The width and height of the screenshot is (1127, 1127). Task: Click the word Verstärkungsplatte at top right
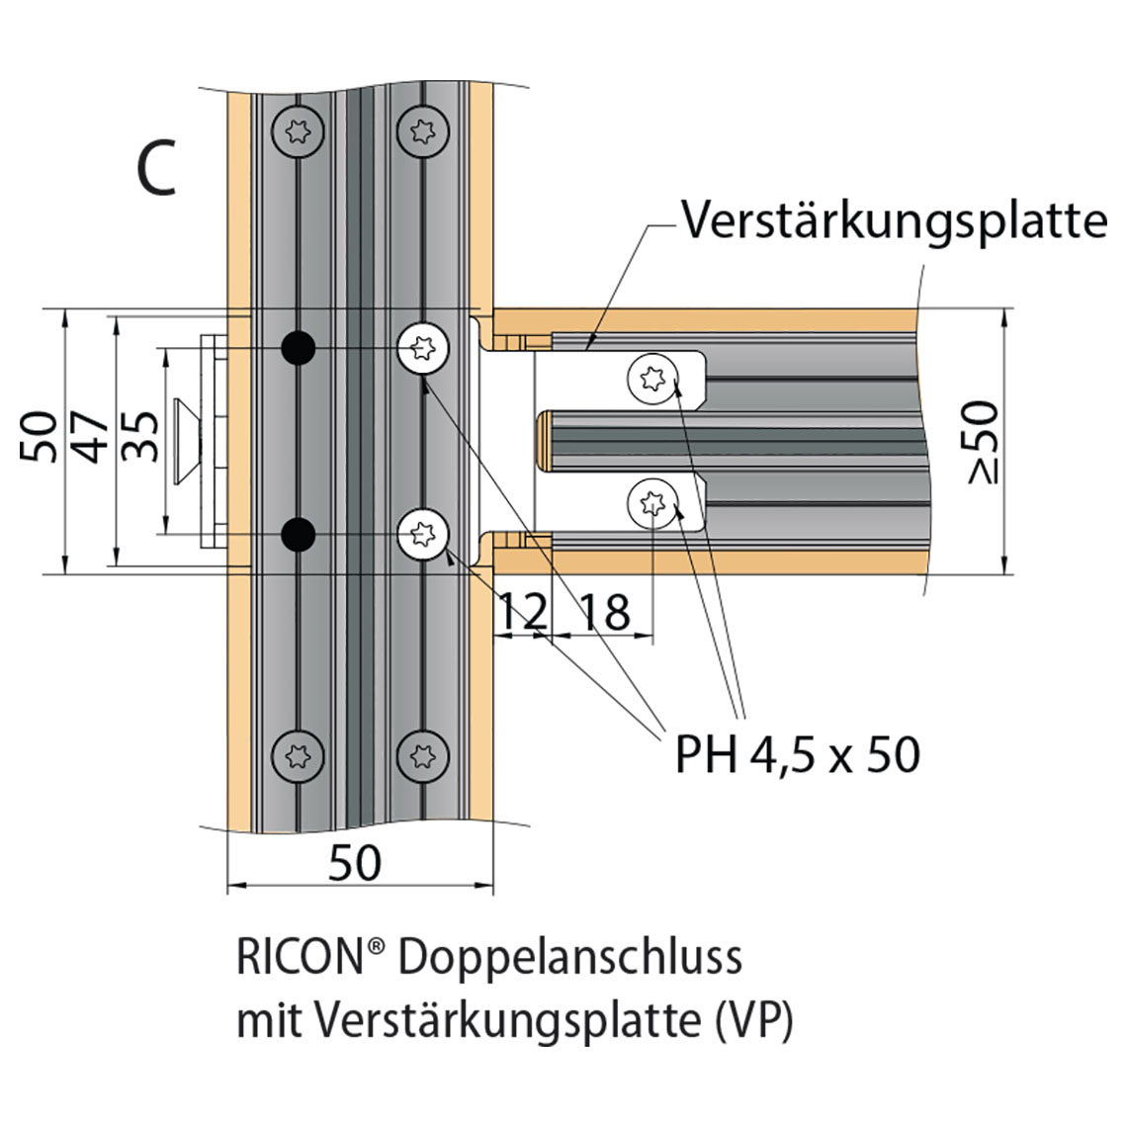coord(894,221)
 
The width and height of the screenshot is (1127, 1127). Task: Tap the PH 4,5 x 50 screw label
coord(797,755)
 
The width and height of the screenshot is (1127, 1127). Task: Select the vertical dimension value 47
coord(96,436)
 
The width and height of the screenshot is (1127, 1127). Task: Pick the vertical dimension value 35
coord(144,436)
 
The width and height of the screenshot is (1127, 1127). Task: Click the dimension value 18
coord(603,613)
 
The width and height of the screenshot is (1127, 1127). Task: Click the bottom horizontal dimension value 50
coord(354,863)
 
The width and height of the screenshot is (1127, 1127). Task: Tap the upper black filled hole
coord(297,347)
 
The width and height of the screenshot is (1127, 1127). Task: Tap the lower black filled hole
coord(297,535)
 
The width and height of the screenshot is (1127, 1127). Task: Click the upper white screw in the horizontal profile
coord(652,378)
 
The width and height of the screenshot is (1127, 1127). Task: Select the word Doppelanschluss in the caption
coord(573,959)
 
